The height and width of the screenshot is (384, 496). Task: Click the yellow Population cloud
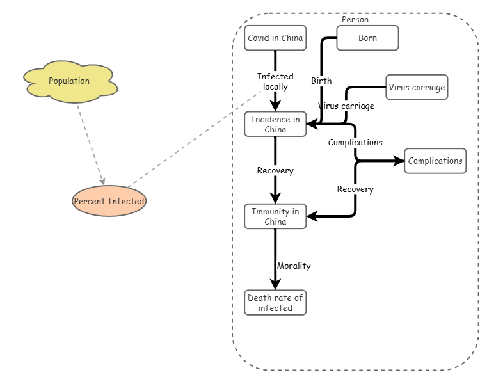tap(69, 81)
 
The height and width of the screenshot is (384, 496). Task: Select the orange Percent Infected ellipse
tap(109, 201)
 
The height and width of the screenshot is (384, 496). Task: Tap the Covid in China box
tap(275, 38)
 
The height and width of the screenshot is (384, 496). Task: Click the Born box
tap(367, 38)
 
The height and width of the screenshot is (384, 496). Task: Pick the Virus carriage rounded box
tap(417, 87)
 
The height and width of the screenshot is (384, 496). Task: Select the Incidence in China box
tap(275, 124)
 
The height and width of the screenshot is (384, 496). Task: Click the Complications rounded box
tap(435, 161)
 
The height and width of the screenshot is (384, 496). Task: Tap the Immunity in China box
tap(275, 216)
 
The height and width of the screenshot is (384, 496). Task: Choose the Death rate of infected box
tap(275, 303)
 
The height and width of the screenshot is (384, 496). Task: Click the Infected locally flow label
tap(275, 81)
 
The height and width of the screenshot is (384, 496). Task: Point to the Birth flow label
tap(321, 81)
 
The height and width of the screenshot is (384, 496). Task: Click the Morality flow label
tap(294, 266)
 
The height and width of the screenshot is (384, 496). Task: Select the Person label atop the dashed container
tap(355, 19)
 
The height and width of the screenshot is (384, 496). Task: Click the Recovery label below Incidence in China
tap(275, 170)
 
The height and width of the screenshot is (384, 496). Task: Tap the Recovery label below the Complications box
tap(355, 189)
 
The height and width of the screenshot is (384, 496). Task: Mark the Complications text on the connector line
tap(355, 142)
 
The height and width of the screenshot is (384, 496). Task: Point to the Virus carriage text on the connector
tap(346, 106)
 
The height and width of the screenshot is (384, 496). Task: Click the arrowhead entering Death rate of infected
tap(275, 285)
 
